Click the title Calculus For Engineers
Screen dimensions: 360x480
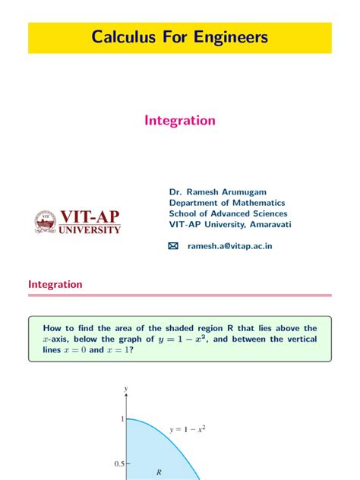tap(179, 37)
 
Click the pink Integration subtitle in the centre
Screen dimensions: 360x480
tap(180, 121)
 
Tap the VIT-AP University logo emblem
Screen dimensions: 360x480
tap(46, 221)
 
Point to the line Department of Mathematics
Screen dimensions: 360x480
tap(227, 203)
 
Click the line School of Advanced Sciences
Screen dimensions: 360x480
tap(228, 214)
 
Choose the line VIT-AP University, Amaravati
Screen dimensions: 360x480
tap(230, 225)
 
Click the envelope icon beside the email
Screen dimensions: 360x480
tap(172, 246)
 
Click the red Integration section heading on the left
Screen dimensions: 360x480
tap(55, 284)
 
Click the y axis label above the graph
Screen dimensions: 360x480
tap(125, 390)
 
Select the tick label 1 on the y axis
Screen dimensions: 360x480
tap(119, 419)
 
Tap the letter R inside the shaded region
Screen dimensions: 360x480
tap(159, 472)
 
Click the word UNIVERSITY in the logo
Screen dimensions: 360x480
tap(90, 229)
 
